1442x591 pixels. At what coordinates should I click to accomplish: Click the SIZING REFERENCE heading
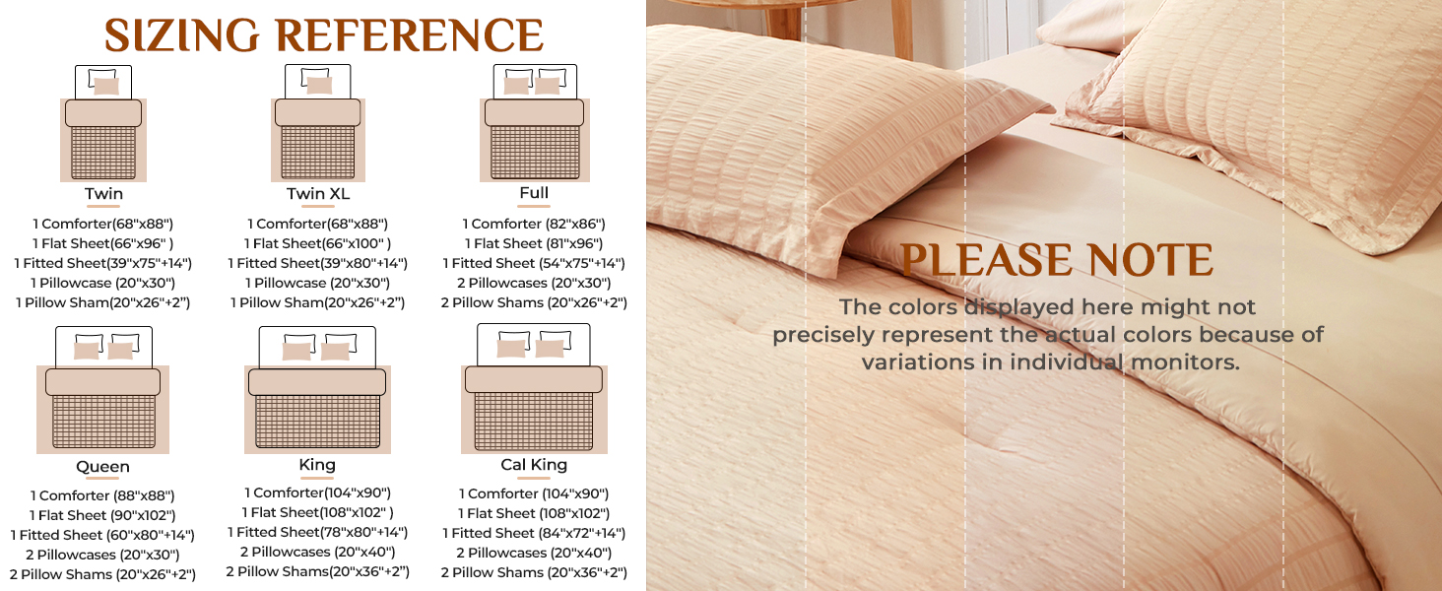tap(324, 35)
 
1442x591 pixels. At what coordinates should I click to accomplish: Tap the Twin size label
tap(103, 193)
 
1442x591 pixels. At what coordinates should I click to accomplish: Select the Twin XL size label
tap(317, 193)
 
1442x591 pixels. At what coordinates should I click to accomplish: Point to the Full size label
tap(534, 192)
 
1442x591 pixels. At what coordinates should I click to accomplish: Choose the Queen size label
tap(102, 466)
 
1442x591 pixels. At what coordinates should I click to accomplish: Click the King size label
tap(317, 464)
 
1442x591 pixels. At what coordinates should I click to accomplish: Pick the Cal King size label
tap(534, 464)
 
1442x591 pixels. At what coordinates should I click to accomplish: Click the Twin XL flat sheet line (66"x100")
tap(318, 243)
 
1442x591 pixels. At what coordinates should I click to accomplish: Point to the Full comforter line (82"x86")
tap(534, 224)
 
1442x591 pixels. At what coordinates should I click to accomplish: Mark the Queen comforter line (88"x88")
tap(102, 495)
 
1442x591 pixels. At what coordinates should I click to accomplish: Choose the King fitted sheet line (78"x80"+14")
tap(317, 532)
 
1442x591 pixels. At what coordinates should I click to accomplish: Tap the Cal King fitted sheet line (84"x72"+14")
tap(534, 533)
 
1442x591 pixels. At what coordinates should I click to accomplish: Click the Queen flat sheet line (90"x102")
tap(102, 515)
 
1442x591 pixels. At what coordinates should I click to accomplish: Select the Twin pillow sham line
tap(102, 302)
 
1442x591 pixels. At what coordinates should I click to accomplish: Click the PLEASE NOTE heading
tap(1056, 260)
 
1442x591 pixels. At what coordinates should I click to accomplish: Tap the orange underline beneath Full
tap(534, 207)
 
